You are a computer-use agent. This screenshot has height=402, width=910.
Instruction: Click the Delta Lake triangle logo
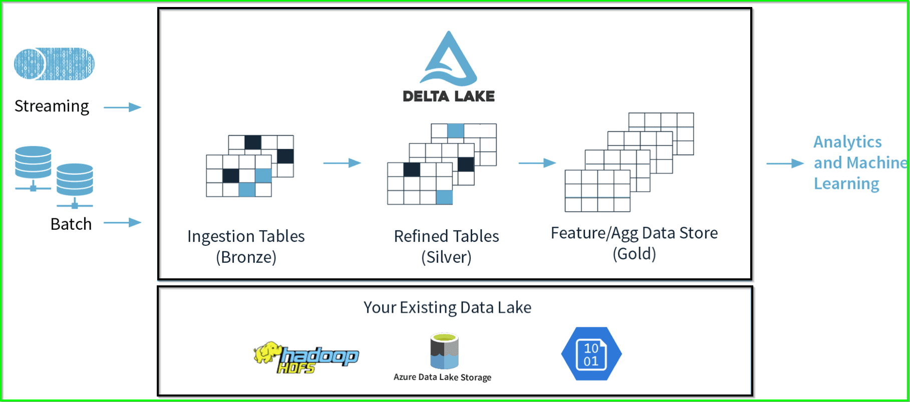(x=449, y=59)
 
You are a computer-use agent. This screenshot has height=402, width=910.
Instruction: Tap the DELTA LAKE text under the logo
(x=449, y=96)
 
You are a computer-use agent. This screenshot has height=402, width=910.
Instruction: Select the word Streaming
(x=52, y=106)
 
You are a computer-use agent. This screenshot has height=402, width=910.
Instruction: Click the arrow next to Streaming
(x=123, y=107)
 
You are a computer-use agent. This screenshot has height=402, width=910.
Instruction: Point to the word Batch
(x=71, y=224)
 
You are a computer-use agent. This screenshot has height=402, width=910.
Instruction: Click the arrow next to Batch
(x=123, y=222)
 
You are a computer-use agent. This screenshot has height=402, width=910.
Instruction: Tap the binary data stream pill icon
(x=54, y=64)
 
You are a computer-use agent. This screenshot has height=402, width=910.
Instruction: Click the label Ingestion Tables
(x=246, y=236)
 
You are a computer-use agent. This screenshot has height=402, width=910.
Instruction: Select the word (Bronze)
(x=246, y=257)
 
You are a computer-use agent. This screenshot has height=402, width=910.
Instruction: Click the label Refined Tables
(x=446, y=236)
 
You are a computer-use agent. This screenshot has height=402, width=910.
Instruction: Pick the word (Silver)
(x=446, y=257)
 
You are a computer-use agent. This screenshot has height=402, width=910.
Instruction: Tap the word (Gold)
(x=634, y=254)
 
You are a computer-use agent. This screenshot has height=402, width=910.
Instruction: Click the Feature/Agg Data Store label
(x=634, y=233)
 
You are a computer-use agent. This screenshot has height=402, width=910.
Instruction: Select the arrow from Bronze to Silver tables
(x=342, y=163)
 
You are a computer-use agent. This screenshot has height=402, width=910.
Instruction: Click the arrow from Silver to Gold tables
(x=537, y=163)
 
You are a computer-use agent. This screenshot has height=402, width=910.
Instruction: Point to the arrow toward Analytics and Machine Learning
(x=785, y=163)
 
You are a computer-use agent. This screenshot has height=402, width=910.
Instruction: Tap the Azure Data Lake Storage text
(x=442, y=377)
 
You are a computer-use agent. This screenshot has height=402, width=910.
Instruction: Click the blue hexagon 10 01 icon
(x=591, y=354)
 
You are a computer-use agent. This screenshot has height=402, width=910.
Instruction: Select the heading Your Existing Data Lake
(x=447, y=307)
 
